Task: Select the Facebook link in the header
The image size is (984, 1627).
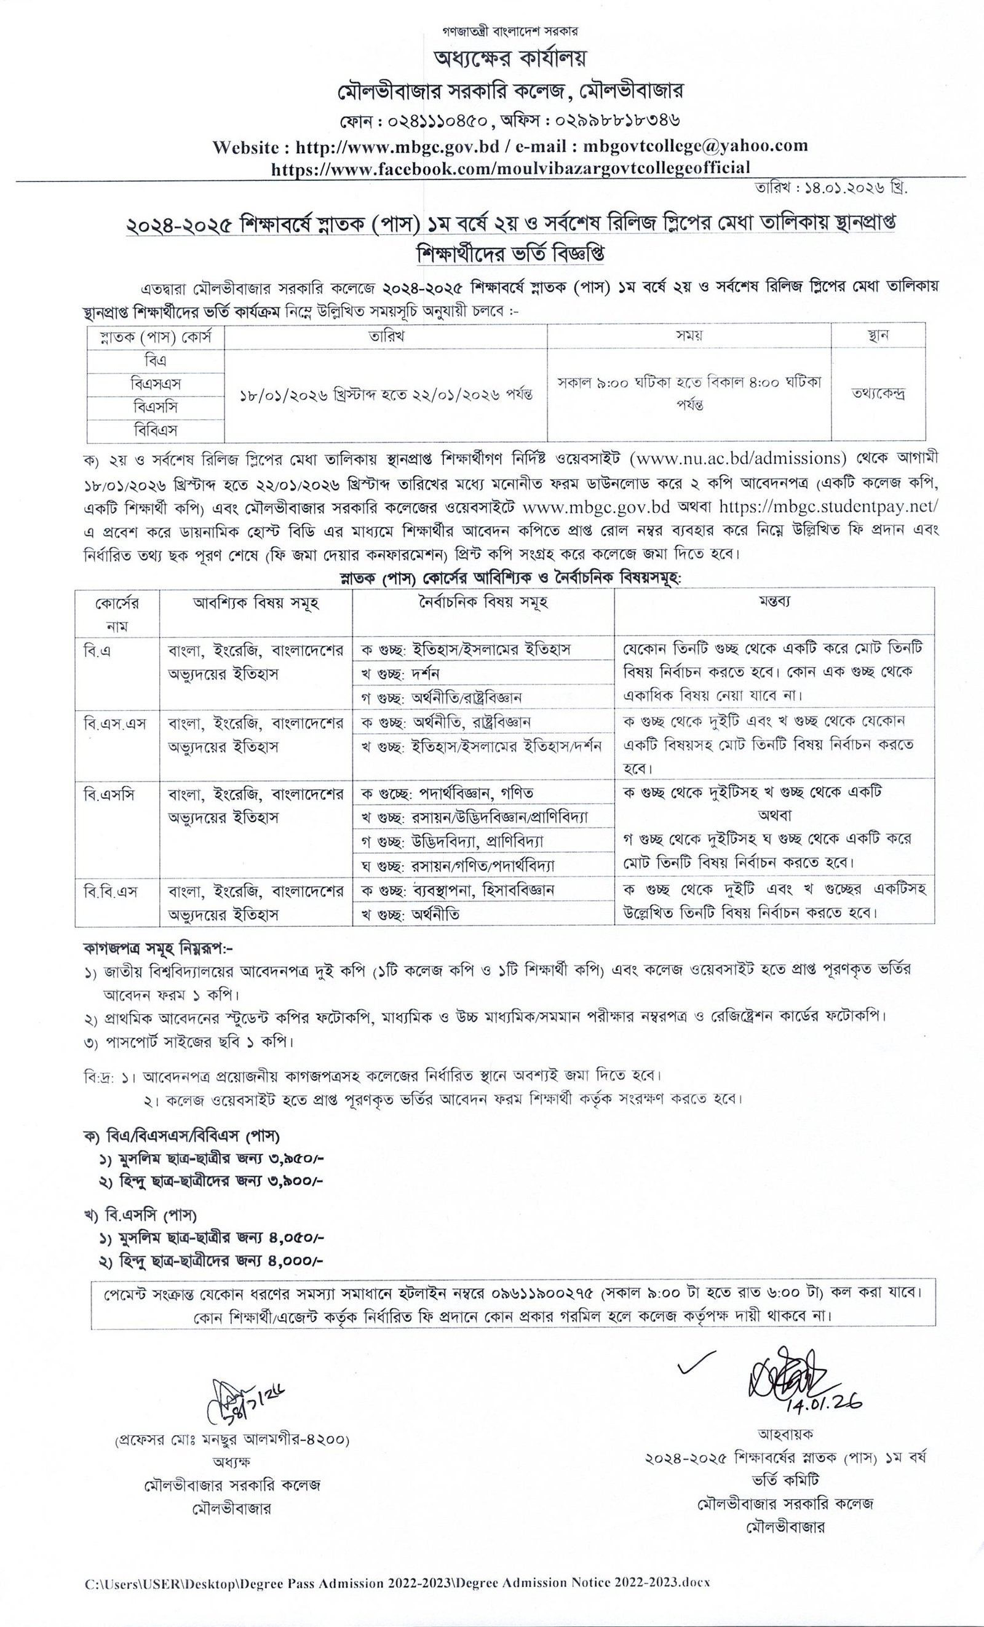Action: click(510, 167)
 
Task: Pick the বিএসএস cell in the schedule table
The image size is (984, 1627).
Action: click(156, 384)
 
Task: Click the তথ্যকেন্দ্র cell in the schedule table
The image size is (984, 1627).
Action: click(878, 394)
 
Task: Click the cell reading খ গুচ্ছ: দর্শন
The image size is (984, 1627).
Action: click(400, 673)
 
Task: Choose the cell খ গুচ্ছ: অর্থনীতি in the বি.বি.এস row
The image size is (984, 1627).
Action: click(410, 914)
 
